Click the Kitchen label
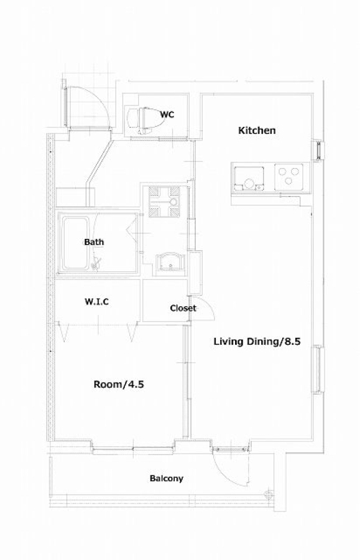[x=257, y=131]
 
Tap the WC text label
[x=167, y=114]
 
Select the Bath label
[x=94, y=242]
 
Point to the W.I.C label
[x=97, y=302]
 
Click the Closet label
[x=183, y=308]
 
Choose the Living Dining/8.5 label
[x=257, y=342]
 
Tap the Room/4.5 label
[x=119, y=385]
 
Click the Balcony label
[x=166, y=478]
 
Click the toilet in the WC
[x=144, y=120]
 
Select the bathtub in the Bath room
[x=75, y=243]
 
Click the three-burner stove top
[x=288, y=177]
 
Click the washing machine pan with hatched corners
[x=164, y=202]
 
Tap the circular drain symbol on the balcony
[x=269, y=495]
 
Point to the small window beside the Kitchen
[x=318, y=150]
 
